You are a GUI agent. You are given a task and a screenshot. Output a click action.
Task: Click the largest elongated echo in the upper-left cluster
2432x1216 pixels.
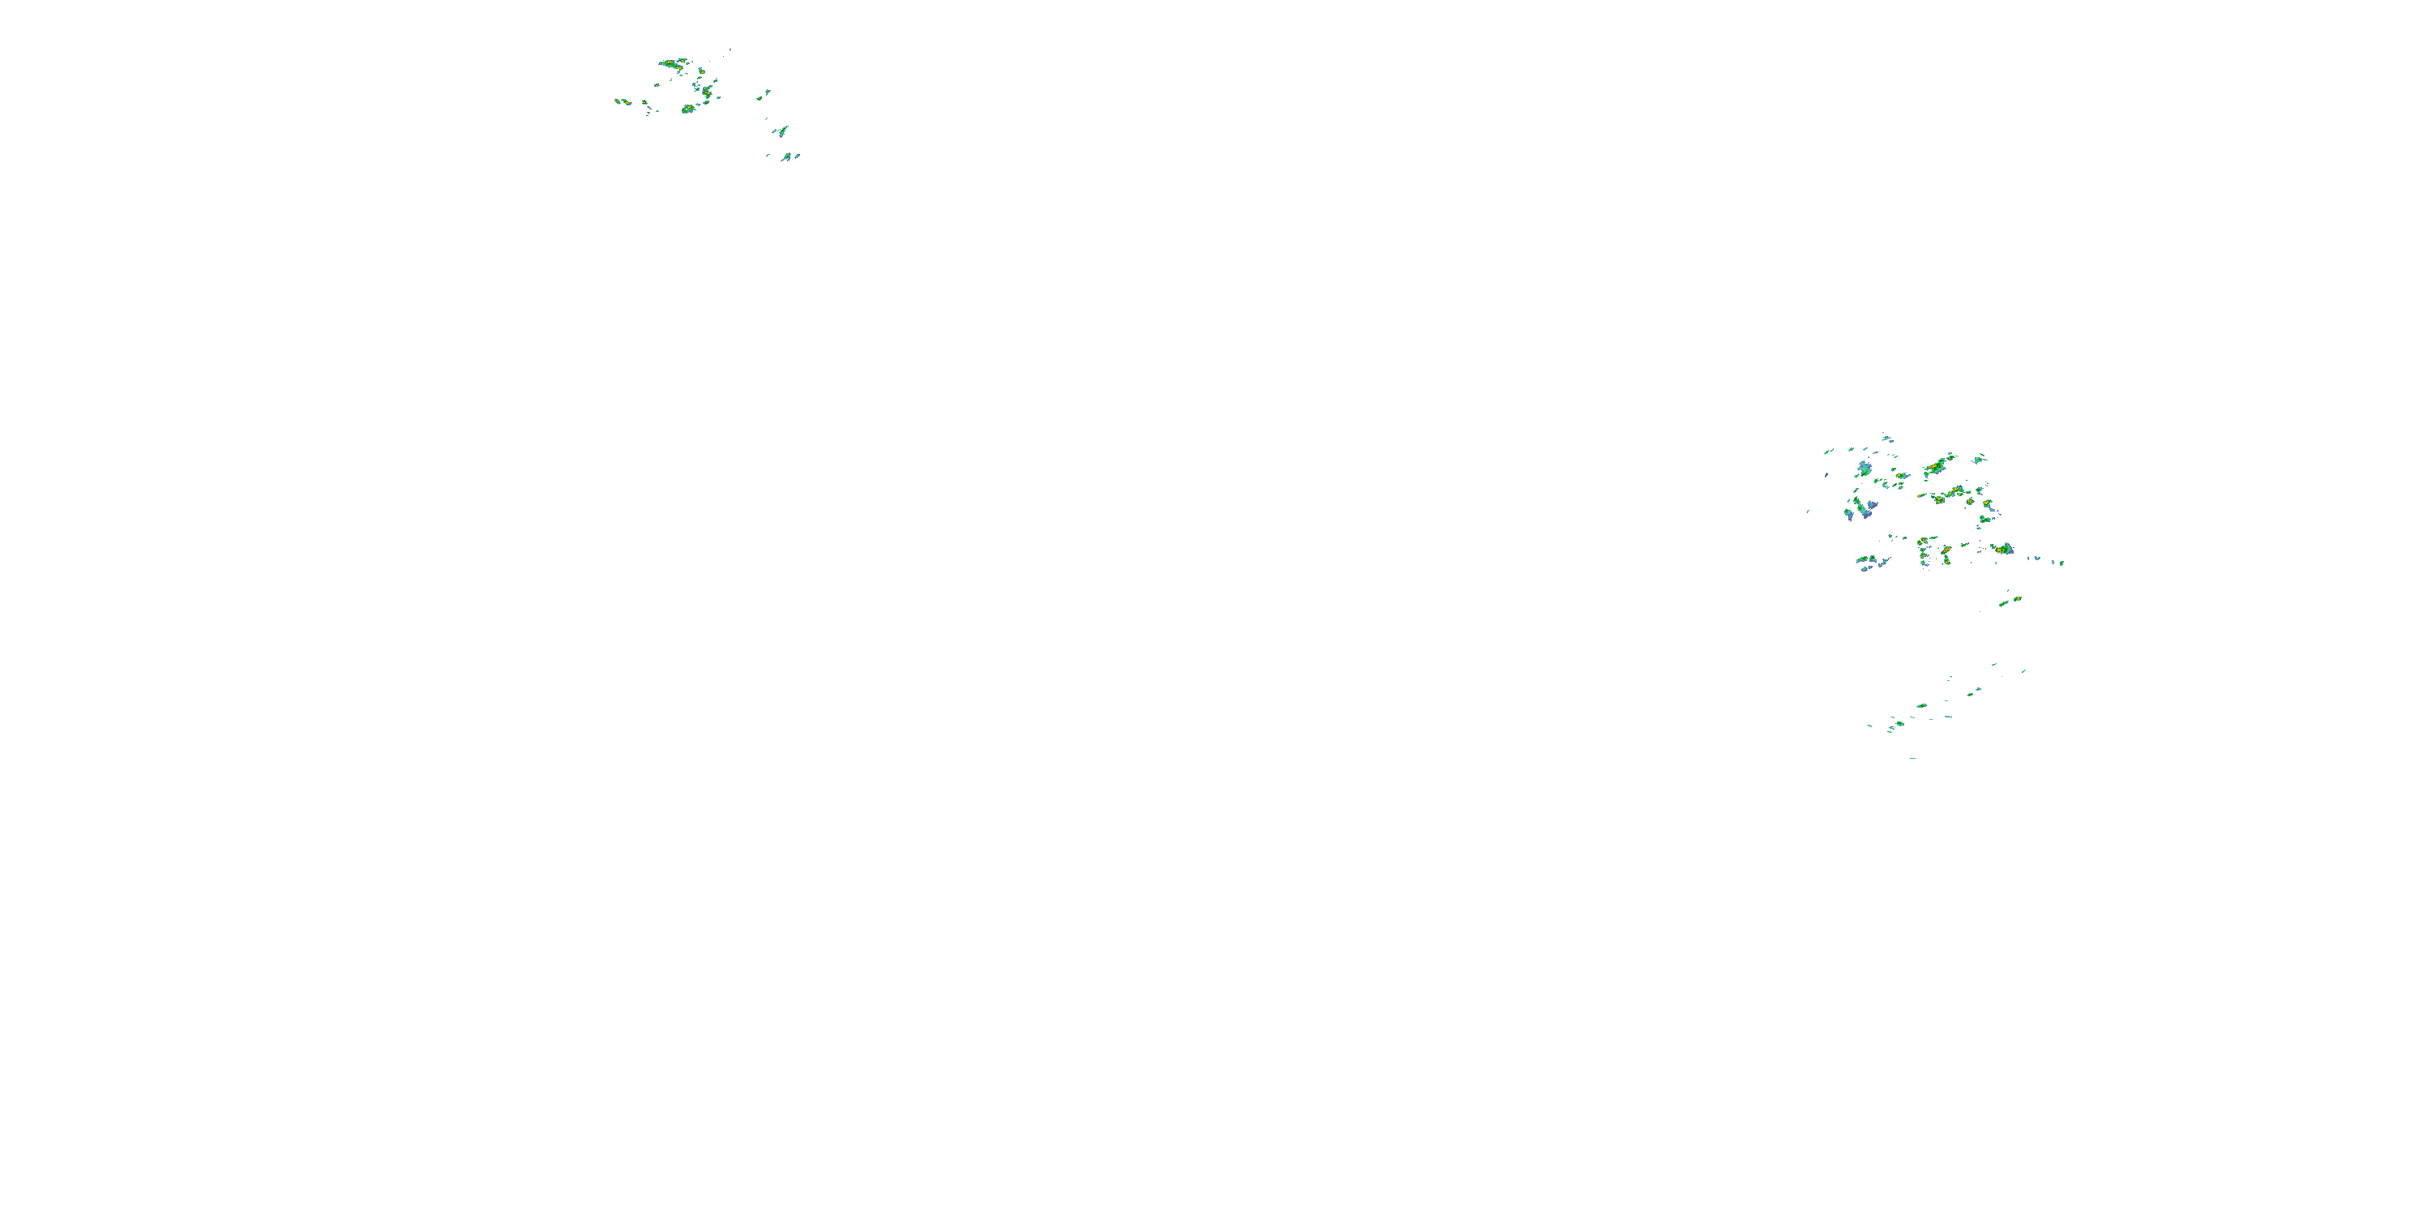(x=673, y=64)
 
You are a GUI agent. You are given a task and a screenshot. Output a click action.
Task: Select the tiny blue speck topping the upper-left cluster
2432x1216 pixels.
(x=730, y=49)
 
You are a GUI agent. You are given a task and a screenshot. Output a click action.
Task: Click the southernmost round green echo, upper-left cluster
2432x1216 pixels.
(x=786, y=156)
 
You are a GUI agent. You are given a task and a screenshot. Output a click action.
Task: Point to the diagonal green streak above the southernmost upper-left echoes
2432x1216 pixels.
(x=781, y=131)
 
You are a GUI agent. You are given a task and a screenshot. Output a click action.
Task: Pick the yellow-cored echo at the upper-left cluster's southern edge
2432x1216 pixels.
(x=688, y=109)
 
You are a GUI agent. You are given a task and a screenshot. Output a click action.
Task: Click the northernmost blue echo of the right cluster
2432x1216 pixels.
(x=1886, y=437)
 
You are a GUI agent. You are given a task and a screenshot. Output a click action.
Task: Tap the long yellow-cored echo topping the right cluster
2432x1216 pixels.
(x=1937, y=465)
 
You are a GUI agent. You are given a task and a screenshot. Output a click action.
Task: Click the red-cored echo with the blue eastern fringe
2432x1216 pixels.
(x=2002, y=549)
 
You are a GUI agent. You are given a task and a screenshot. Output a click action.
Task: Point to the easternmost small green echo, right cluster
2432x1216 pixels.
(x=2061, y=563)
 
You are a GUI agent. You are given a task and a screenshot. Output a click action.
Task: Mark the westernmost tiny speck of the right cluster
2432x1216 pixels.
(x=1808, y=512)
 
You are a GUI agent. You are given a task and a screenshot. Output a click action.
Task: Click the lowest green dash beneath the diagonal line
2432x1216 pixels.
(x=1912, y=757)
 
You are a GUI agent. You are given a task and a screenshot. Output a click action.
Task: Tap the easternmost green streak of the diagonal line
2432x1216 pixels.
(x=2023, y=671)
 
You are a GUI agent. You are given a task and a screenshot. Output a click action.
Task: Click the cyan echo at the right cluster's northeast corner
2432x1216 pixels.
(x=1979, y=459)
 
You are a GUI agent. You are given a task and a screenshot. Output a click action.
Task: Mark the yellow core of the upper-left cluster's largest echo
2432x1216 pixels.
(x=672, y=64)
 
